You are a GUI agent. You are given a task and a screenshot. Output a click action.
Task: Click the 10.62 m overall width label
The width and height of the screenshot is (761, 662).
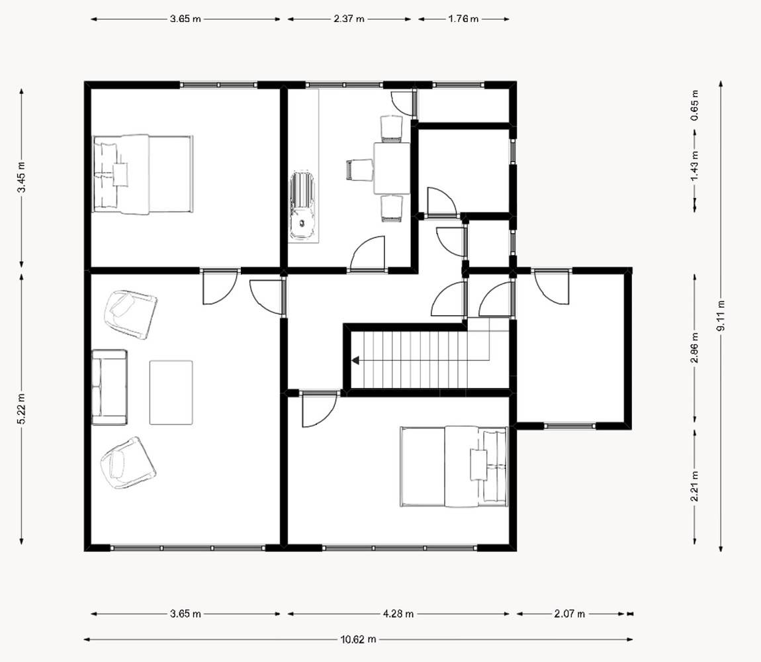[358, 639]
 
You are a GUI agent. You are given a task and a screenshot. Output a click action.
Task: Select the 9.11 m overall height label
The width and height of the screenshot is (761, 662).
[721, 316]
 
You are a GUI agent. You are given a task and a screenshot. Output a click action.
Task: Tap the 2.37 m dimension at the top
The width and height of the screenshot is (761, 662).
[349, 19]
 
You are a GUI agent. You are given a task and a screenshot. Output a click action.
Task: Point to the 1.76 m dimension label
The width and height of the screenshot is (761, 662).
[463, 19]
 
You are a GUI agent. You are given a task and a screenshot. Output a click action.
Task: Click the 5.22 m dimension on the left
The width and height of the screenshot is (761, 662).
[21, 408]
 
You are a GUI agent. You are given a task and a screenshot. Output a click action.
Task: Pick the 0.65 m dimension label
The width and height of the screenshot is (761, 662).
[695, 105]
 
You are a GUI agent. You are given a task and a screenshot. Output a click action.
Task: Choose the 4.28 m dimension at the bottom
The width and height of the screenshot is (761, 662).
[398, 614]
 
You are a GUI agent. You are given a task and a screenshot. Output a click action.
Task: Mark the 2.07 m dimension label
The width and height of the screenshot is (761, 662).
[569, 614]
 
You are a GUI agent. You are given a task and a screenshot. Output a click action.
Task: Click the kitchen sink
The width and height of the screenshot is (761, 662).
[302, 206]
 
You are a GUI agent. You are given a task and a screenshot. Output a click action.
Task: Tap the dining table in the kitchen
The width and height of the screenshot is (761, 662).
[392, 168]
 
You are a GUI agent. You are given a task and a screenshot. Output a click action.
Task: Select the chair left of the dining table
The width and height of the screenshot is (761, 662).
[359, 170]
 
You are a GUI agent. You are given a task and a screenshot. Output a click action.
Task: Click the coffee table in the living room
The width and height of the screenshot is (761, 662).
[171, 393]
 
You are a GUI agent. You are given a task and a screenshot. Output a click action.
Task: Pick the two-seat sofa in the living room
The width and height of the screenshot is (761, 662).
[110, 387]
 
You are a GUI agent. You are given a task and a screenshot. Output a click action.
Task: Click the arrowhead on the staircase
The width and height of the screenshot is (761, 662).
[355, 360]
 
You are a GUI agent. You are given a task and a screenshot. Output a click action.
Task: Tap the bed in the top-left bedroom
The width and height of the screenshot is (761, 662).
[143, 174]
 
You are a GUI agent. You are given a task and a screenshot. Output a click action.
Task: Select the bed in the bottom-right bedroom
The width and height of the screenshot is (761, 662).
[454, 467]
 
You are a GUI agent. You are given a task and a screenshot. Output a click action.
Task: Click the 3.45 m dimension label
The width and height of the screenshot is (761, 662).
[21, 177]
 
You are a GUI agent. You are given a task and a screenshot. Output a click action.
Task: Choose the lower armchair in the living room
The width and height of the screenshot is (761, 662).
[128, 463]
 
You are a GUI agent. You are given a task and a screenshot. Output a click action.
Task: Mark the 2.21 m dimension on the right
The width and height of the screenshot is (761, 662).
[695, 486]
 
